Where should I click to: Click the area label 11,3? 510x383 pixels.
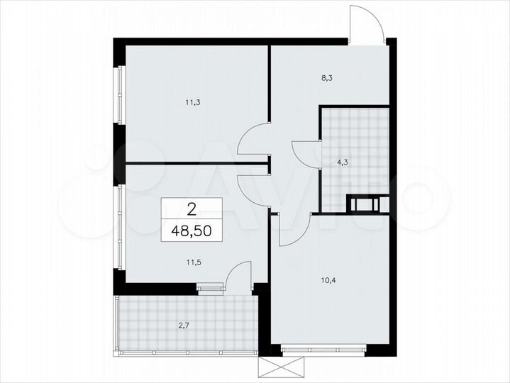(193, 102)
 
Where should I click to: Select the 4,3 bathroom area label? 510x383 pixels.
(342, 162)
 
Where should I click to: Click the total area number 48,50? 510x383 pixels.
(192, 230)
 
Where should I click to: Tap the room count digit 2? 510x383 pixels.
(192, 209)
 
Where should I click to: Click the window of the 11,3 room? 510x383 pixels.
(121, 94)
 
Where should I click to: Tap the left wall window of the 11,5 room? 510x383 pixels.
(121, 227)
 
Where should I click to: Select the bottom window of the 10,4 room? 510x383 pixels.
(323, 349)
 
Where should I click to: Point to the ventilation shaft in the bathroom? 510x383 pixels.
(367, 204)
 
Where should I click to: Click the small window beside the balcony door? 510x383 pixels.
(210, 287)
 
